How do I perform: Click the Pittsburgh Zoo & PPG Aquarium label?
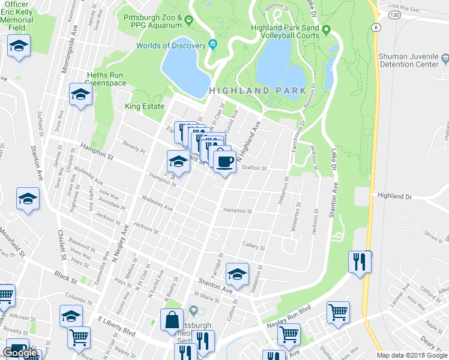point(152,21)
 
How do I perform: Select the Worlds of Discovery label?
point(170,46)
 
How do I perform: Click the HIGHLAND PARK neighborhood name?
point(253,90)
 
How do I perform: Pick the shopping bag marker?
point(172,319)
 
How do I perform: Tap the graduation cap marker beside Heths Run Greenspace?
point(80,94)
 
